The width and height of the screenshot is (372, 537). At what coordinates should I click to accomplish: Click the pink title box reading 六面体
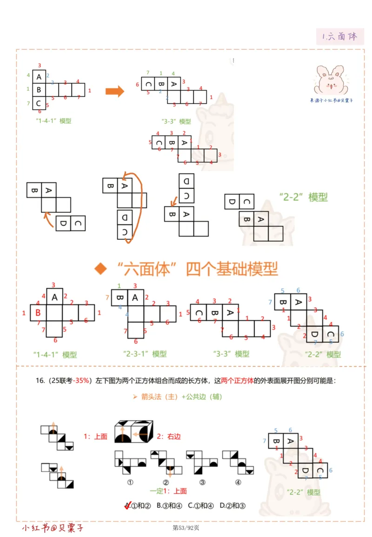click(x=340, y=36)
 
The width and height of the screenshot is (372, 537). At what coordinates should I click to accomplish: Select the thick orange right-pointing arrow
click(x=115, y=91)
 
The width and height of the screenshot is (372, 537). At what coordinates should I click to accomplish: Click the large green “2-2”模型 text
click(x=304, y=197)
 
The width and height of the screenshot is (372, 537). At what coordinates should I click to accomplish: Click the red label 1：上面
click(x=95, y=437)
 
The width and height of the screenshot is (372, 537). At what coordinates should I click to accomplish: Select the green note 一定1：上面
click(x=168, y=491)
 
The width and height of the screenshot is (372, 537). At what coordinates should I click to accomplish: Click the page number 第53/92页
click(x=186, y=528)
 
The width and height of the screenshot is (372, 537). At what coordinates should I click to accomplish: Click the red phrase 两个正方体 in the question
click(x=234, y=380)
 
